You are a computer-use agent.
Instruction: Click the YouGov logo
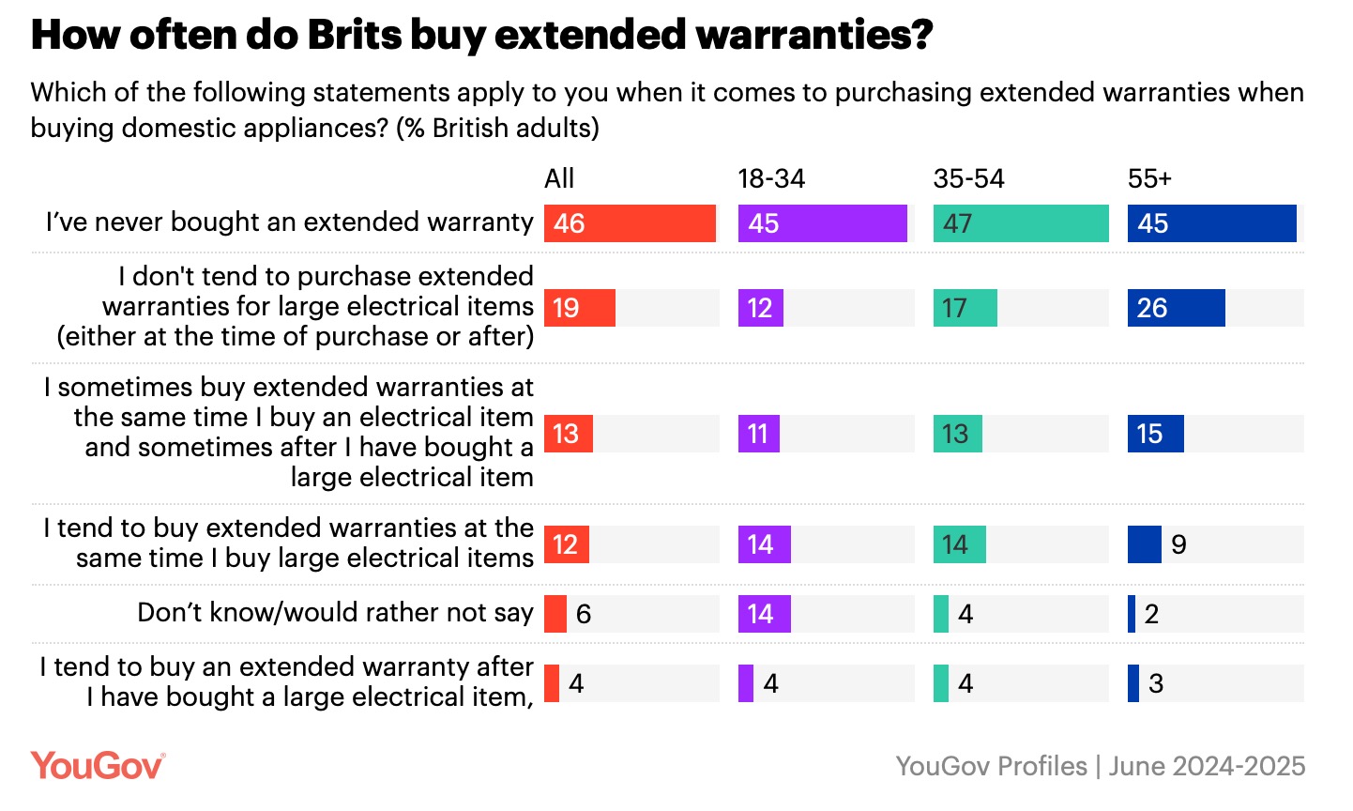98,766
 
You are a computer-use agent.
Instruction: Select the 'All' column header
559,178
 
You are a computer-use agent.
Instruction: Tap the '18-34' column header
771,178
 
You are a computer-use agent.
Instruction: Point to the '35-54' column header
968,178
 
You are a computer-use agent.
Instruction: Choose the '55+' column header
1149,178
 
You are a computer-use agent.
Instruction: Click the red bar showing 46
630,223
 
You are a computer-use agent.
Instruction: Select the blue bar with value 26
1176,308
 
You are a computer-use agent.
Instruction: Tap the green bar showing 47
1021,223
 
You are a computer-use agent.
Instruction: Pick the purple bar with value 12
760,308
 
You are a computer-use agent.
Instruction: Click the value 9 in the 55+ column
1178,544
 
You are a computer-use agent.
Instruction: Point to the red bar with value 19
579,308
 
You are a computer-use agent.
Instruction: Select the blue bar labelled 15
1155,434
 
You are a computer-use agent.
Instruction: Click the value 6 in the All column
583,614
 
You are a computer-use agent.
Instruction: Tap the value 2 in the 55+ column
1151,614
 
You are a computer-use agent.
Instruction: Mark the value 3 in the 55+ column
1155,683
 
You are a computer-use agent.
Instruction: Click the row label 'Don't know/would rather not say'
335,613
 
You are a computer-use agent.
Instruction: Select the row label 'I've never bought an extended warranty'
289,222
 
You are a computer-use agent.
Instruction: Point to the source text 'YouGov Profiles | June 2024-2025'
1100,766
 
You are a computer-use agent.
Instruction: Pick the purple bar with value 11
758,434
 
